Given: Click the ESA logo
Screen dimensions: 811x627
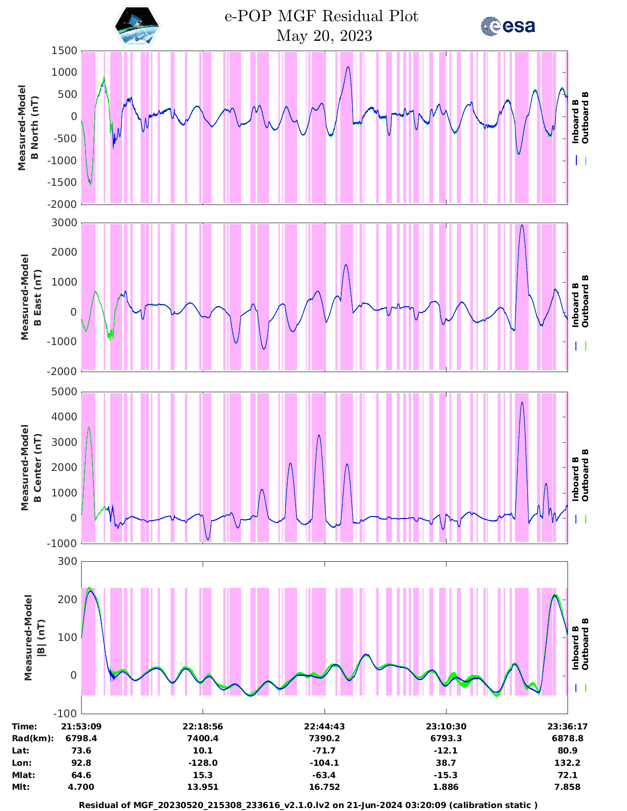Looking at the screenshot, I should pyautogui.click(x=508, y=26).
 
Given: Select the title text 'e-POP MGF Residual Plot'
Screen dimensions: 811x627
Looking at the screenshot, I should pyautogui.click(x=321, y=16).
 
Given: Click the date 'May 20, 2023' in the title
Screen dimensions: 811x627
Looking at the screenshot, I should pyautogui.click(x=324, y=36).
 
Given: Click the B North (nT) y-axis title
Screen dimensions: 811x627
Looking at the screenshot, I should pyautogui.click(x=29, y=128).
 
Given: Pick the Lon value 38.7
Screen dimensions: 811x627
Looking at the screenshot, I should pyautogui.click(x=446, y=763).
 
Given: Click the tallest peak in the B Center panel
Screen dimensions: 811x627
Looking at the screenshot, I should pyautogui.click(x=522, y=403).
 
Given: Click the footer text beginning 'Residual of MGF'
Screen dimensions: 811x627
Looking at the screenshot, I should pyautogui.click(x=308, y=805).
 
